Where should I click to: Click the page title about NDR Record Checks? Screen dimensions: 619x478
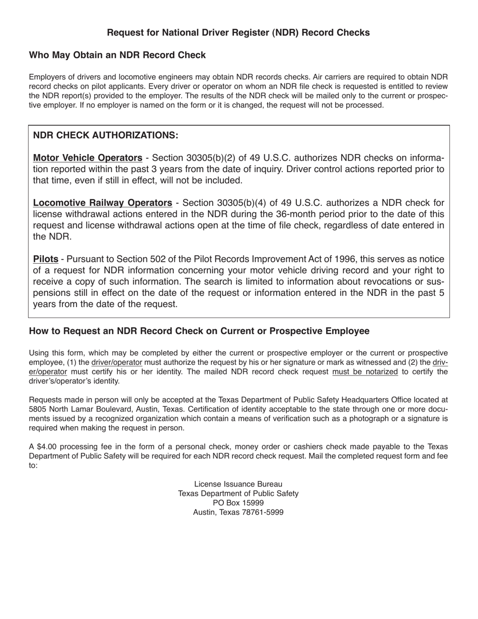coord(238,33)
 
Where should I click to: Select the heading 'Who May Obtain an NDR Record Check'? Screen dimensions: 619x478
coord(117,55)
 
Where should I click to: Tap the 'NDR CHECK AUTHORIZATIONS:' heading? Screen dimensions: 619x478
coord(105,135)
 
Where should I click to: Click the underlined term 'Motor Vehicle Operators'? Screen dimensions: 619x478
coord(88,158)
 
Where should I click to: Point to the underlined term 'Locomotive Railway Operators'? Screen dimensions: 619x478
coord(102,203)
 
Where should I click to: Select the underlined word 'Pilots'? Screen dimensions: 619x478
coord(45,259)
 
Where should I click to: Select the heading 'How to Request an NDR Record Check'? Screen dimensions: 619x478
coord(199,331)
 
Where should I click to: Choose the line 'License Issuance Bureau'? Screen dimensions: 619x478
coord(238,484)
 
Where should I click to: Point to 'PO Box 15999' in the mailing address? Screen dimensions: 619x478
coord(238,503)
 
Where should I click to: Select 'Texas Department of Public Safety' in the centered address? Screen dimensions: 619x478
coord(238,494)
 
